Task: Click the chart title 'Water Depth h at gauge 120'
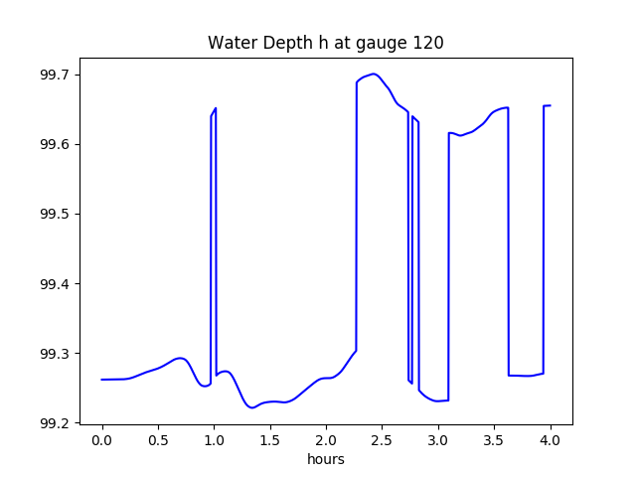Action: coord(325,43)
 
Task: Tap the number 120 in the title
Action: coord(429,43)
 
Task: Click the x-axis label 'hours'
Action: coord(325,460)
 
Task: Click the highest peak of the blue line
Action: coord(374,74)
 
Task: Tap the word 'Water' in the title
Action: coord(228,43)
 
